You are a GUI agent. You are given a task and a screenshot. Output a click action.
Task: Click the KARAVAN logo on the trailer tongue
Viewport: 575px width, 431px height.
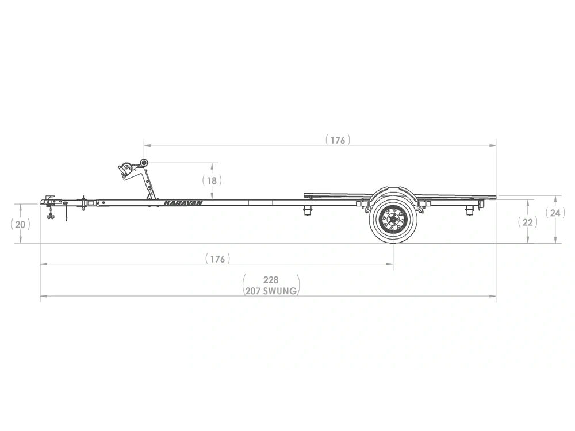[x=183, y=203]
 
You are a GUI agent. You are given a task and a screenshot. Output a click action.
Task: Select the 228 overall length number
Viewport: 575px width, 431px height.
[x=271, y=280]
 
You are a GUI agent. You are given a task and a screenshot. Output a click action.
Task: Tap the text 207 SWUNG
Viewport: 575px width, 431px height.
[x=271, y=291]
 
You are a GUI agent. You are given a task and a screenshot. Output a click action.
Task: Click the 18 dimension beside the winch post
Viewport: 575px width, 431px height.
[x=212, y=180]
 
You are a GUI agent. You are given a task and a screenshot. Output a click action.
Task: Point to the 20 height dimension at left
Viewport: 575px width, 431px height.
[x=20, y=224]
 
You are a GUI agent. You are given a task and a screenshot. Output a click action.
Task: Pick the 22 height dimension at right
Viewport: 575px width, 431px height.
[x=527, y=222]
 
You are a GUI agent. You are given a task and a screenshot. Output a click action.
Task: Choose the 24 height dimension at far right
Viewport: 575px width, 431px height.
[x=555, y=213]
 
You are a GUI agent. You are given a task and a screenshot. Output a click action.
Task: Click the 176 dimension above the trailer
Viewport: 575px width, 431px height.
[x=338, y=140]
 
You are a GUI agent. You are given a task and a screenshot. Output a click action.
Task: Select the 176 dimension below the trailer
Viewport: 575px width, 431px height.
[x=217, y=259]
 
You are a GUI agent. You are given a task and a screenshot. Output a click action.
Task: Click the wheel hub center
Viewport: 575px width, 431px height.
[x=393, y=220]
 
